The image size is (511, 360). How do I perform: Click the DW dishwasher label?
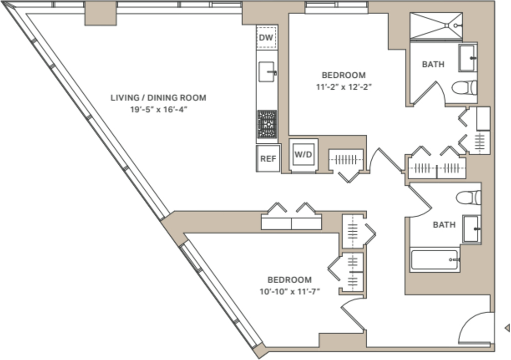(266, 37)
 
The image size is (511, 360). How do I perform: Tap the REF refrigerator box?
(268, 158)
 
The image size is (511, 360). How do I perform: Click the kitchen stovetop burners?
(267, 124)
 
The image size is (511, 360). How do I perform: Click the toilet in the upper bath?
(465, 88)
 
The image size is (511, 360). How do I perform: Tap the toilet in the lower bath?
(469, 198)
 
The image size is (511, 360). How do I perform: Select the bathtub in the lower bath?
(435, 260)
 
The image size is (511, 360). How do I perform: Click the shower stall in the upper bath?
(436, 26)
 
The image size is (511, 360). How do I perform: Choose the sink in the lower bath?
(472, 229)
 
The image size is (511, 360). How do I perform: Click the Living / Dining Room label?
(158, 98)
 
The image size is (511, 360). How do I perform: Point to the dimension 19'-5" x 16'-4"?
(159, 109)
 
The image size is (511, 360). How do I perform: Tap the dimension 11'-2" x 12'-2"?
(344, 87)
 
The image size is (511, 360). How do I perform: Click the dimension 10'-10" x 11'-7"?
(290, 291)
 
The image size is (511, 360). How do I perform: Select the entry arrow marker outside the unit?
(507, 328)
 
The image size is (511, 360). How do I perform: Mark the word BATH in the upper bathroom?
(433, 64)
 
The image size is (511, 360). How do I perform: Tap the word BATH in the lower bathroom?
(444, 225)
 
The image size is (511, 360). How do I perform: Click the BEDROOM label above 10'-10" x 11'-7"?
(290, 280)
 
